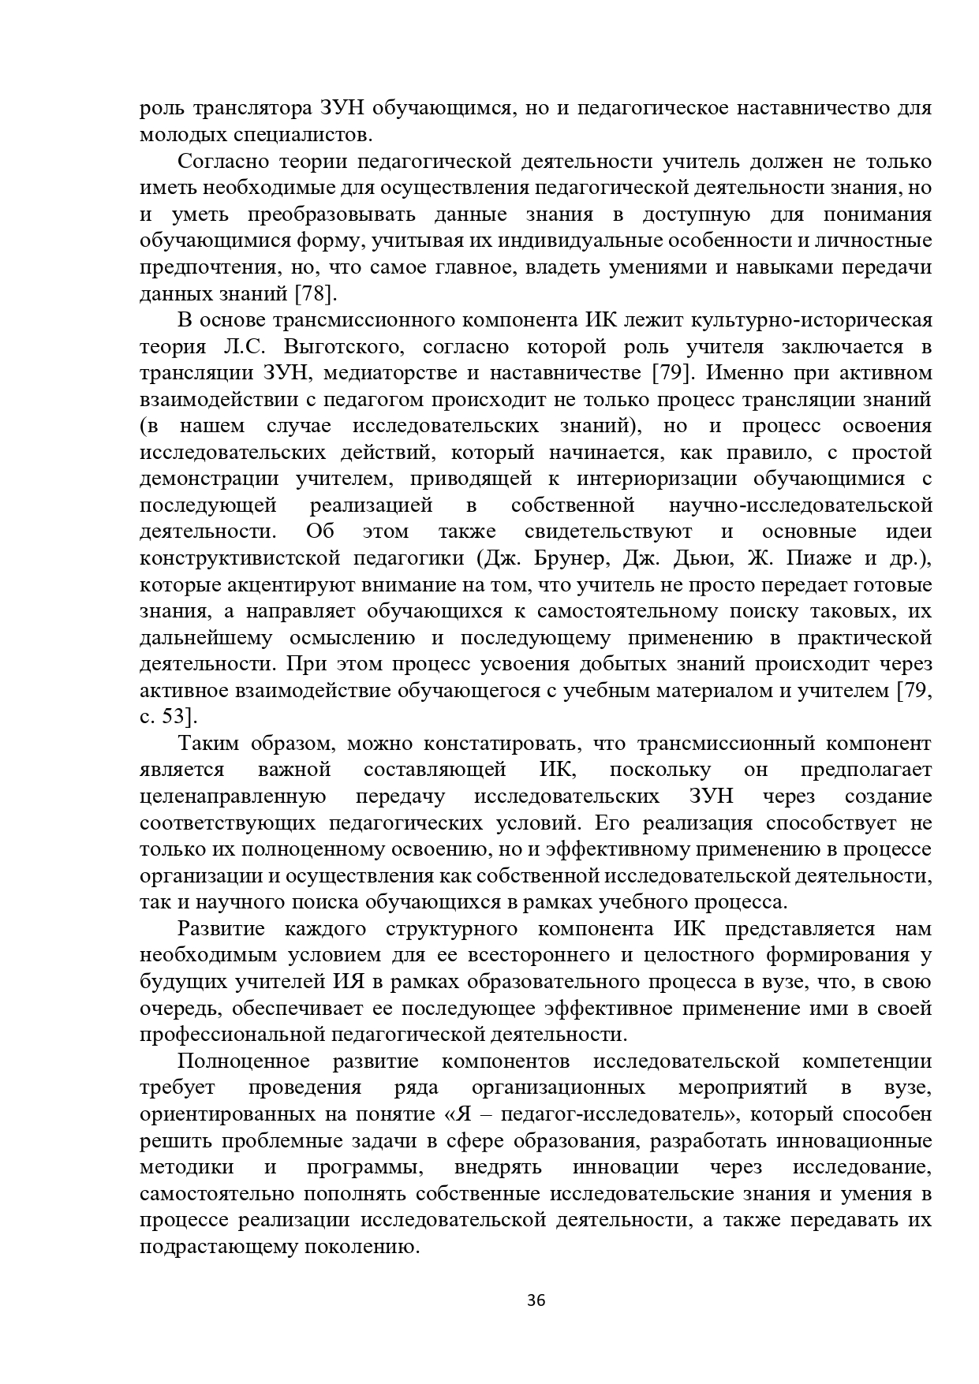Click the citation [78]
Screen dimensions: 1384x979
pyautogui.click(x=316, y=294)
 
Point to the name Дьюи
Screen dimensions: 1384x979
pyautogui.click(x=697, y=558)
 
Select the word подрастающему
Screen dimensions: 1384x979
pyautogui.click(x=211, y=1247)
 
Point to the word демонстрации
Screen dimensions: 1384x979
pyautogui.click(x=209, y=479)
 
